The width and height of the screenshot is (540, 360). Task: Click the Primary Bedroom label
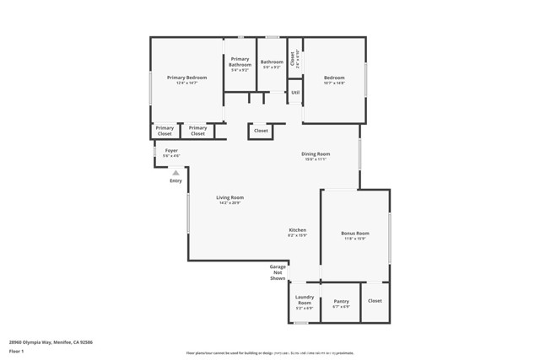(x=186, y=78)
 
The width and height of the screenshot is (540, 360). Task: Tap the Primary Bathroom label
(x=240, y=62)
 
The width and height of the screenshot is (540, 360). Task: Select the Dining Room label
(x=316, y=153)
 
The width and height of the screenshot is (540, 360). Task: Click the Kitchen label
(x=297, y=230)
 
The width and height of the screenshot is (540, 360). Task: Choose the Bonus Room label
(x=355, y=233)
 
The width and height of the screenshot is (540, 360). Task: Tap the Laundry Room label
(x=304, y=299)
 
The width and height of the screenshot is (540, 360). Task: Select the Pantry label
(x=341, y=301)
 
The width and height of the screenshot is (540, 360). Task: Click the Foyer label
(x=171, y=150)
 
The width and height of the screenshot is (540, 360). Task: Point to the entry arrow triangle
(x=175, y=173)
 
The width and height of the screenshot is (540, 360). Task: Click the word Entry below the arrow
(x=175, y=180)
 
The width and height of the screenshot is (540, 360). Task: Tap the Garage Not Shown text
(x=278, y=271)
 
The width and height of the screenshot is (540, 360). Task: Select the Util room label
(x=295, y=93)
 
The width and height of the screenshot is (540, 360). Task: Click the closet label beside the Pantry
(x=375, y=300)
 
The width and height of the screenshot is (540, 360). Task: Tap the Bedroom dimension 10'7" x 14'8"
(x=334, y=83)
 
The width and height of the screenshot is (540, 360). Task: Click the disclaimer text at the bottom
(x=269, y=353)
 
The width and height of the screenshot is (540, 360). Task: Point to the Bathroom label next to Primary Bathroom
(x=272, y=62)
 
